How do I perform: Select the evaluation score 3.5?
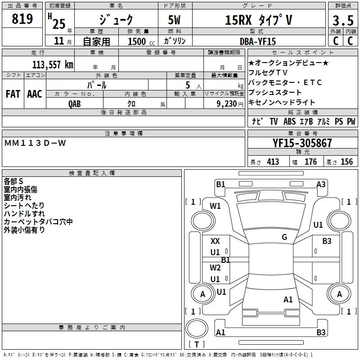342,21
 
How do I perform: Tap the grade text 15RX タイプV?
258,20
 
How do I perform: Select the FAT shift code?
13,94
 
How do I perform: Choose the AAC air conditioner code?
35,94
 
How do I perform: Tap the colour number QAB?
75,103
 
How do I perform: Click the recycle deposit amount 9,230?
227,103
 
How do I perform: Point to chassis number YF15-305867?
302,143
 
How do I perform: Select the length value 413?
273,162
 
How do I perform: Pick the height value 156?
346,162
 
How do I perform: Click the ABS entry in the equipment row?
289,121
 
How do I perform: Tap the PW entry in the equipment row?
351,121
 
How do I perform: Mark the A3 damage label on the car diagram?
321,184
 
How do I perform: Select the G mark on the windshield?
284,237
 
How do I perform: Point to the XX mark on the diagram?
215,241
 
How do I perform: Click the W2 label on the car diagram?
215,267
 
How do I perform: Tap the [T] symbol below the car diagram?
197,345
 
